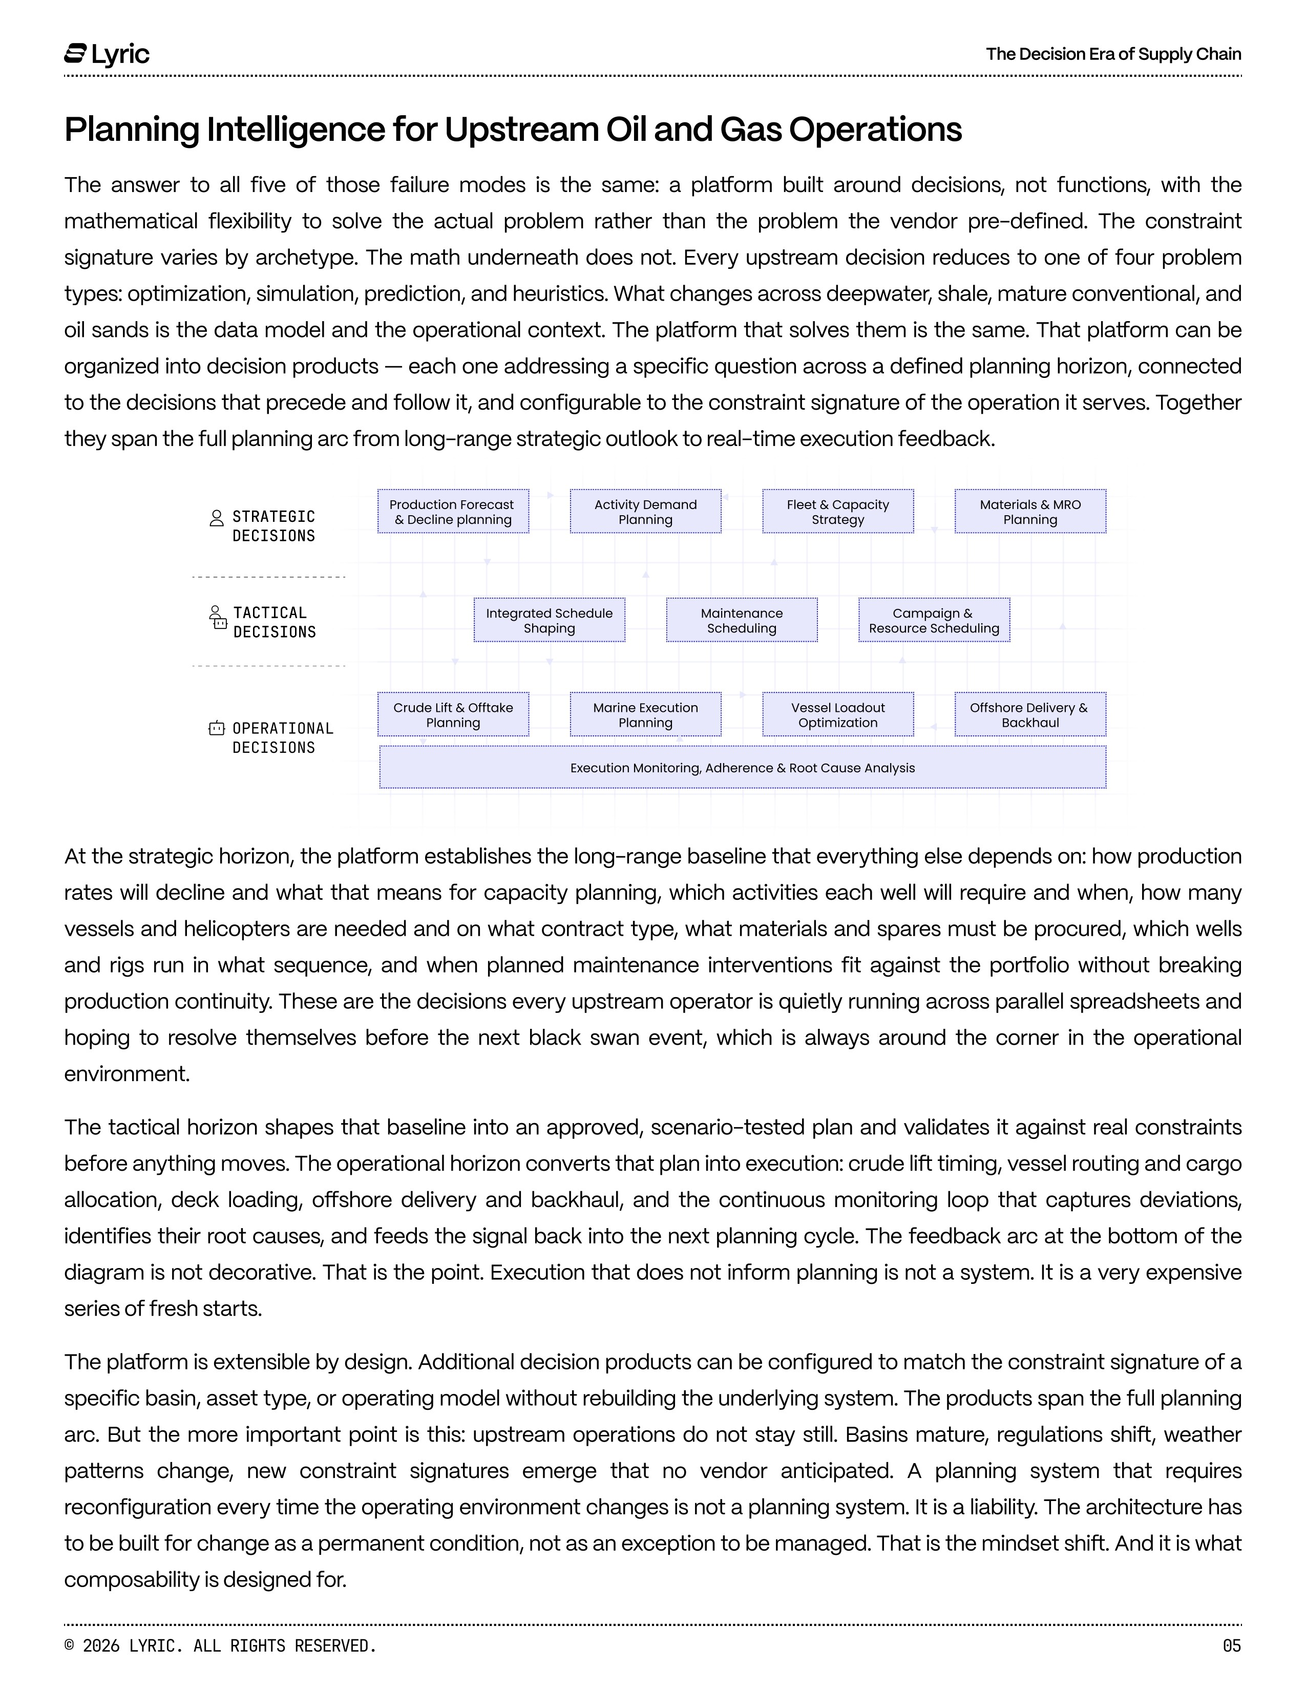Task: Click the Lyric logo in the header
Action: tap(107, 54)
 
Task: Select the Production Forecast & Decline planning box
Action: tap(453, 512)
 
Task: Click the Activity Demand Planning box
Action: tap(645, 512)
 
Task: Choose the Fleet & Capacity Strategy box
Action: tap(838, 512)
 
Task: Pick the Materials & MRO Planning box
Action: tap(1030, 512)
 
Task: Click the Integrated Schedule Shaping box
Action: tap(550, 620)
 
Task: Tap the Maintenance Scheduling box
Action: tap(741, 620)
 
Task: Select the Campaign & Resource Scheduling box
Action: tap(934, 620)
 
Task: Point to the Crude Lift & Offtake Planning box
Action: tap(453, 714)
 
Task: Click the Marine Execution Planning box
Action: tap(645, 714)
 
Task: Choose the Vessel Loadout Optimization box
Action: tap(838, 714)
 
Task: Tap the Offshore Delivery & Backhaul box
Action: tap(1030, 714)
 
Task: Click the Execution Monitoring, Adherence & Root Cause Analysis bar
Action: tap(742, 768)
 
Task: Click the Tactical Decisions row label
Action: tap(275, 622)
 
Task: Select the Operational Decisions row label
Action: tap(282, 737)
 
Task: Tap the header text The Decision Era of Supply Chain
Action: tap(1113, 54)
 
